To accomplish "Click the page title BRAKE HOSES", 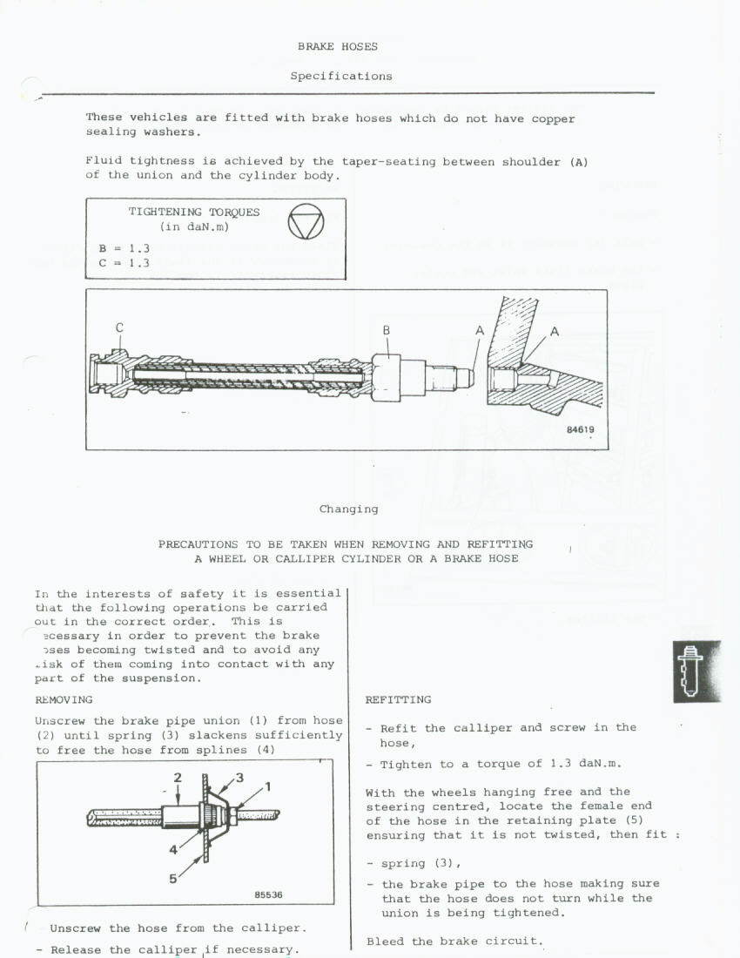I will [x=337, y=46].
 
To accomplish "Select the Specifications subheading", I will [x=341, y=76].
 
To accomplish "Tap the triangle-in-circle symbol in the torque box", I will [x=306, y=225].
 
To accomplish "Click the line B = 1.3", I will [x=124, y=248].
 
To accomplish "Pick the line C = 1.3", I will [x=124, y=262].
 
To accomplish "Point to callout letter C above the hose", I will [x=119, y=328].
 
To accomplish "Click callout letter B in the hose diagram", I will [x=386, y=330].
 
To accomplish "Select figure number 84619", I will [x=580, y=429].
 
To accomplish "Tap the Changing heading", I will [x=348, y=509].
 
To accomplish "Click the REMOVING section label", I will [x=64, y=699].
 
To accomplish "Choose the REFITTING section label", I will [x=398, y=699].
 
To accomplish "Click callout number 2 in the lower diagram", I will [x=177, y=777].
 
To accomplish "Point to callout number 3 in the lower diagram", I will [x=239, y=777].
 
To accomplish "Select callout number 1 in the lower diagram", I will [x=268, y=787].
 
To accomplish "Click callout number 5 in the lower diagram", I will [x=173, y=878].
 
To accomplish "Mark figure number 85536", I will [x=268, y=894].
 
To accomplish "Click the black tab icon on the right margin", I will [x=696, y=671].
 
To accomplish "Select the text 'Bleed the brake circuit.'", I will [x=454, y=941].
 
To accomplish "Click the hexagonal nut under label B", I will [x=386, y=377].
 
